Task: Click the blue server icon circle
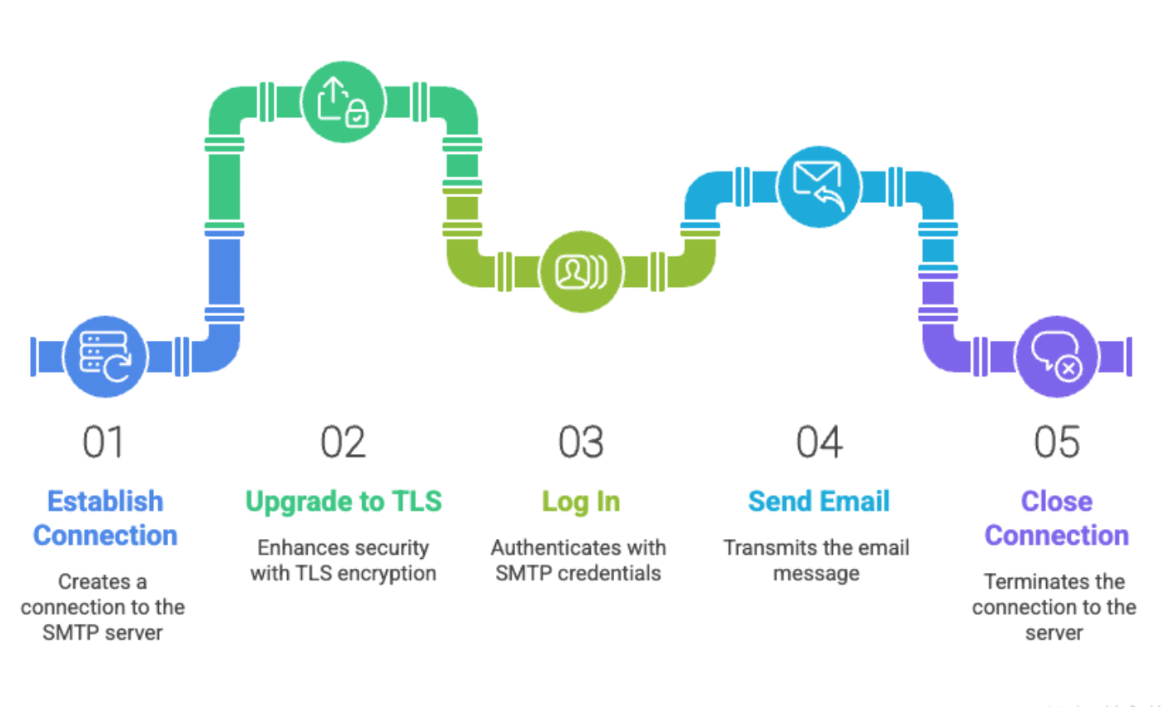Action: coord(106,356)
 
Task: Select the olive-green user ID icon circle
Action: coord(581,271)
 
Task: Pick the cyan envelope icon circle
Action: coord(819,187)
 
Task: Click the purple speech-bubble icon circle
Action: coord(1057,356)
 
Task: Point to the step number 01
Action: coord(103,442)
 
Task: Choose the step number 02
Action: coord(343,442)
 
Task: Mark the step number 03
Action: coord(581,442)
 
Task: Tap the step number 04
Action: coord(819,442)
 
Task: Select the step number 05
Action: coord(1057,442)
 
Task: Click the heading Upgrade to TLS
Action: coord(343,502)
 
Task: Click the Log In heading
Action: coord(581,502)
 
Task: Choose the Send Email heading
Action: coord(819,502)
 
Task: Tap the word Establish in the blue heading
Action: coord(105,502)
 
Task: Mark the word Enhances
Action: coord(295,548)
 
